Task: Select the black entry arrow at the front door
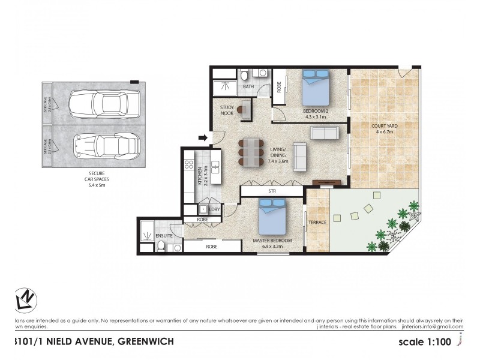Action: (x=203, y=139)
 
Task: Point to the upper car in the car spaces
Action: (x=104, y=104)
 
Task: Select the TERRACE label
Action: (x=317, y=223)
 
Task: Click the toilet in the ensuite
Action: (x=161, y=245)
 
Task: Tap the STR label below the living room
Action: (x=272, y=191)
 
